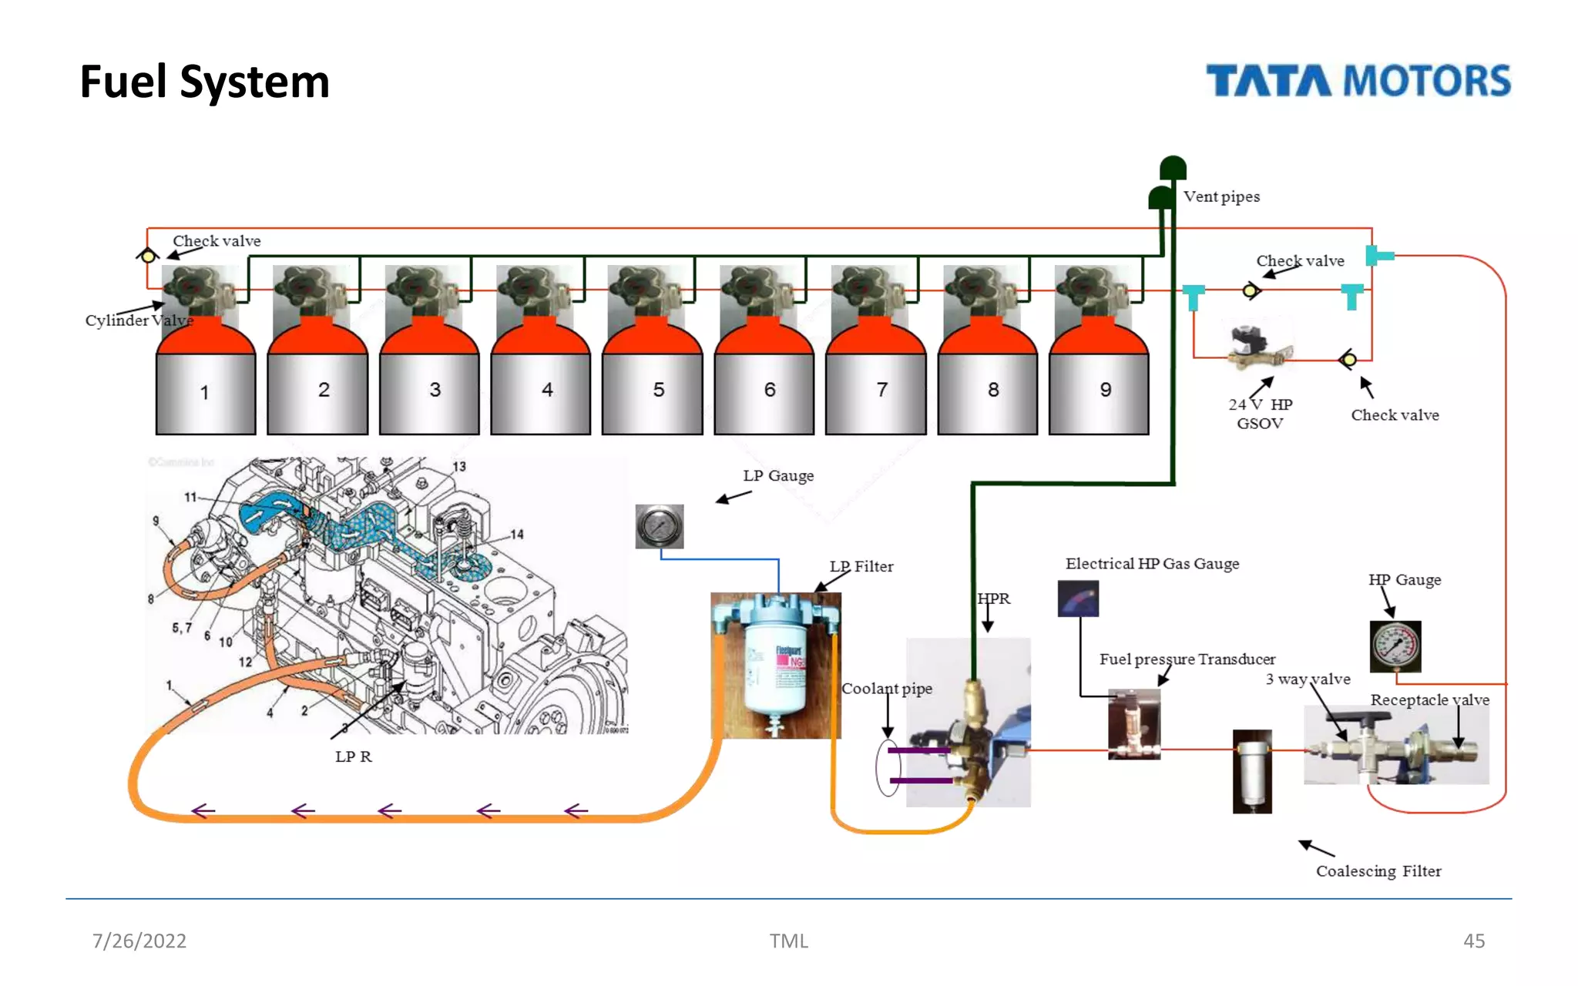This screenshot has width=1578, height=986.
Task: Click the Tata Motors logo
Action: [x=1358, y=81]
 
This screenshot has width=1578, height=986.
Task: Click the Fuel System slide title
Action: [x=204, y=82]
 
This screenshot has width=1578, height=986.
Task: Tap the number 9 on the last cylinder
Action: [x=1105, y=390]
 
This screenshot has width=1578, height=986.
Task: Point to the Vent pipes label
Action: [x=1221, y=196]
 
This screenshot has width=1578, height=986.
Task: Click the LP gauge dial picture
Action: [x=659, y=526]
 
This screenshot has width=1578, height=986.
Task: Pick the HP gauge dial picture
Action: [x=1395, y=646]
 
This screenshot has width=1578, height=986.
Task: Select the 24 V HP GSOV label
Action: [x=1260, y=414]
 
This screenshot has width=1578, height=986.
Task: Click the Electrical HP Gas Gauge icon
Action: [x=1078, y=599]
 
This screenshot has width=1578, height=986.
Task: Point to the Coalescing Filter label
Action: [x=1378, y=870]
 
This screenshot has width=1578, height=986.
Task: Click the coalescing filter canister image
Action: [x=1252, y=771]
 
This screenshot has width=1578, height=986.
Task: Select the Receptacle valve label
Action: [x=1429, y=699]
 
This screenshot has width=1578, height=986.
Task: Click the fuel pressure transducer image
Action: [x=1133, y=724]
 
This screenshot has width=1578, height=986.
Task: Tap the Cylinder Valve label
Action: [x=139, y=320]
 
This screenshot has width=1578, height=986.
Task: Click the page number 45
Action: [x=1473, y=941]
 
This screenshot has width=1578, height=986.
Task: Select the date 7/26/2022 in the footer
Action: [x=139, y=941]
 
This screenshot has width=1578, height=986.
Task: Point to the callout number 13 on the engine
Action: [x=459, y=467]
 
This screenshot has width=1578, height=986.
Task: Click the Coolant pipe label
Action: [x=886, y=689]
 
